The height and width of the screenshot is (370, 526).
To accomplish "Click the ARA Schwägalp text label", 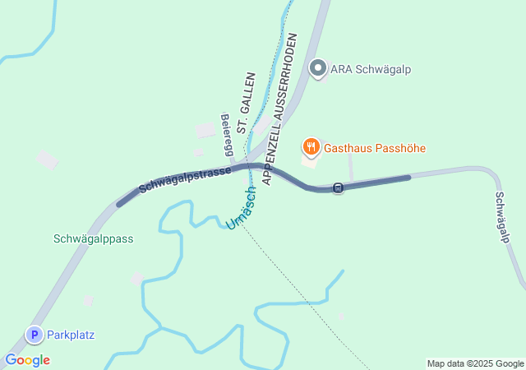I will (370, 69).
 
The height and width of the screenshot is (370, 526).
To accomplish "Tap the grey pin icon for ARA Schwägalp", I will (319, 68).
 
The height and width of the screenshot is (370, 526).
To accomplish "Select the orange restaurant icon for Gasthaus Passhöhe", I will (311, 148).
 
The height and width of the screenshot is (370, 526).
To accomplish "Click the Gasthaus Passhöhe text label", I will (375, 149).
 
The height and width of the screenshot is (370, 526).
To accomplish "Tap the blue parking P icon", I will (35, 335).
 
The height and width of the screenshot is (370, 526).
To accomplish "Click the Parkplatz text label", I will (71, 335).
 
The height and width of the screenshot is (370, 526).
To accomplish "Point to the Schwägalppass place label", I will (93, 238).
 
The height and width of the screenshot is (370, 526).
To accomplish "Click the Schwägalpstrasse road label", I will (185, 176).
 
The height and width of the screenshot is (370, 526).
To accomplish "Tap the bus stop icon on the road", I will (338, 188).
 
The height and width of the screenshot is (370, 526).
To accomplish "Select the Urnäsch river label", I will (242, 208).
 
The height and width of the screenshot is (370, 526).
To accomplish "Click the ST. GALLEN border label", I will (245, 104).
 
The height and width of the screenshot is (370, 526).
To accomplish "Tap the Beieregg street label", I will (226, 134).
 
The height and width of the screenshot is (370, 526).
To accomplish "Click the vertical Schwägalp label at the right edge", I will (502, 217).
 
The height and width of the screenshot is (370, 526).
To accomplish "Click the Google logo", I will (27, 360).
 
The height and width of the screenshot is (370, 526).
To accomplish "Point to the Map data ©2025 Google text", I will (475, 363).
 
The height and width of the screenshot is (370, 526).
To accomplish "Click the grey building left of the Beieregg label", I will (204, 131).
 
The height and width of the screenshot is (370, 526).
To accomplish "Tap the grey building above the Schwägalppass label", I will (47, 160).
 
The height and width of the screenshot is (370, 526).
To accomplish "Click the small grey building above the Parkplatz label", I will (88, 300).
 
